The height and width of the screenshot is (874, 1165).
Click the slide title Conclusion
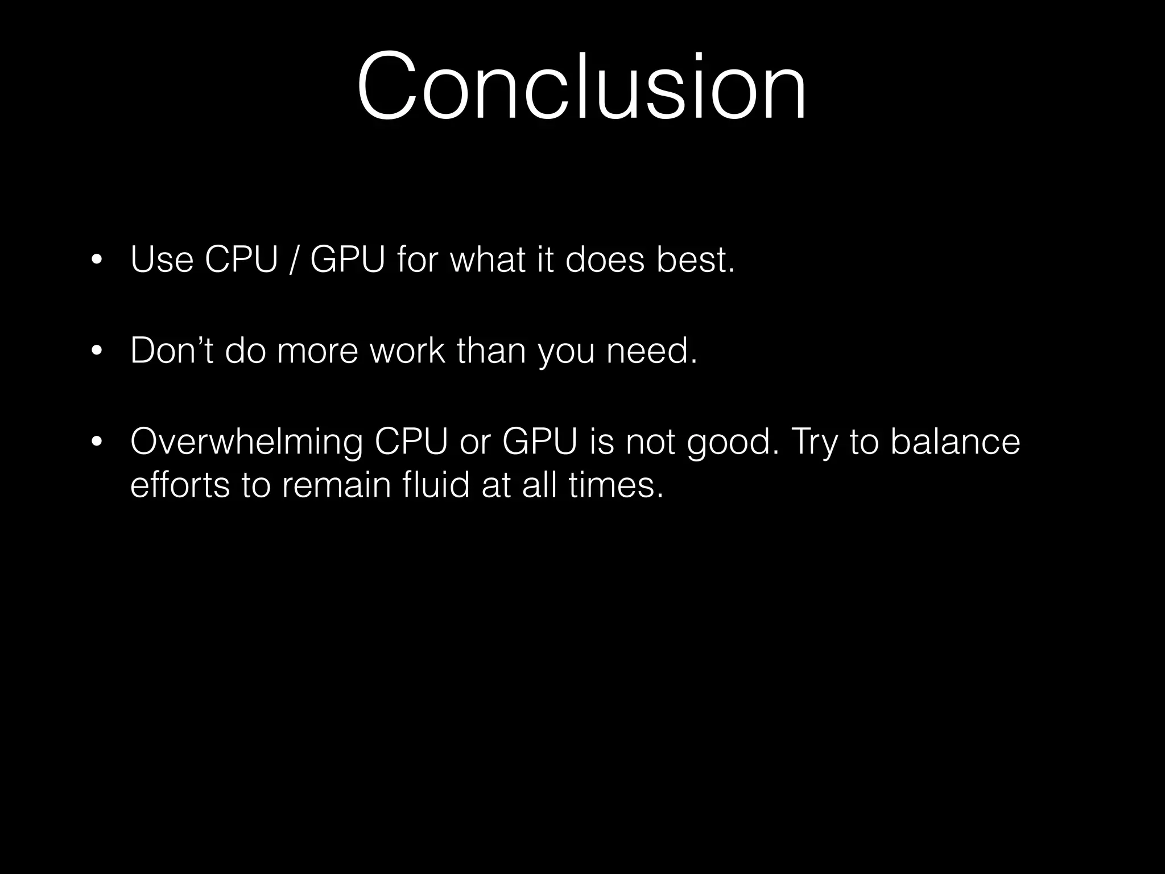click(x=581, y=86)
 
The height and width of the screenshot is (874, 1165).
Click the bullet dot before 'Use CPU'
click(x=97, y=261)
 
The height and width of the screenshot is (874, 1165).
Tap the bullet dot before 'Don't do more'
click(x=97, y=352)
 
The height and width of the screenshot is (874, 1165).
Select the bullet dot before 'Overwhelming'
click(x=97, y=442)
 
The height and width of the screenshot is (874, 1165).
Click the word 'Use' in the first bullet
click(x=162, y=259)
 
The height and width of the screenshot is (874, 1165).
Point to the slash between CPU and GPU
click(x=293, y=261)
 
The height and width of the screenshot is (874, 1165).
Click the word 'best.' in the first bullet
click(x=695, y=259)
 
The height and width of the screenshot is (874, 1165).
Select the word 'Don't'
click(x=171, y=351)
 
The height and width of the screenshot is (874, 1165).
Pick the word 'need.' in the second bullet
click(x=651, y=351)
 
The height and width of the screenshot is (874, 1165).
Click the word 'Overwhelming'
click(x=246, y=442)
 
